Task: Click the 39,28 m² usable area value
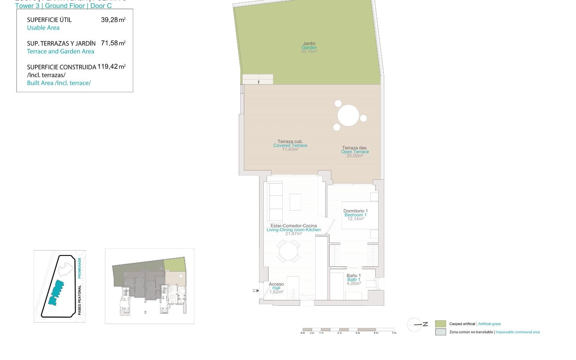pos(113,20)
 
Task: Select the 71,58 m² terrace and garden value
pos(113,43)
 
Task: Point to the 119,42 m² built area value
pos(111,67)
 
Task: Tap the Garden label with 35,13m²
pos(309,47)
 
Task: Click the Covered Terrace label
pos(290,145)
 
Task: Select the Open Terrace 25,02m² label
pos(355,152)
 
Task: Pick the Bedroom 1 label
pos(355,215)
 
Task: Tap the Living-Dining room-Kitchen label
pos(293,230)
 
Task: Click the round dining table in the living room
pos(288,251)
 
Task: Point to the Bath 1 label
pos(354,279)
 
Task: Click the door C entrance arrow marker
pos(257,291)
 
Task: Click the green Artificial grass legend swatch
pos(440,324)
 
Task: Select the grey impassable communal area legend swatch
pos(440,332)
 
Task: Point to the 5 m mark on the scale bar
pos(394,332)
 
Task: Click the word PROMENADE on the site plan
pos(79,267)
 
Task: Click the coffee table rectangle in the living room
pos(295,202)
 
